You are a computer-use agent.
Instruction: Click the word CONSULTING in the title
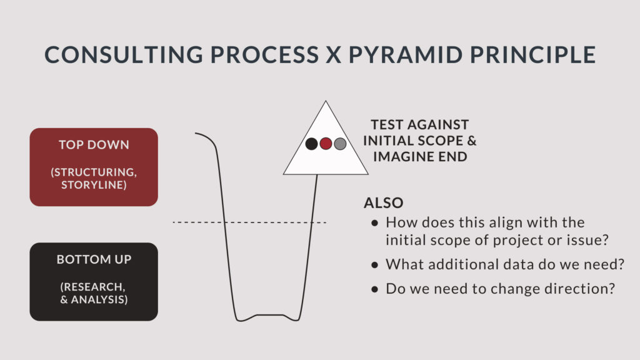(x=124, y=55)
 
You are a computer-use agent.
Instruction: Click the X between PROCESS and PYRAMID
(x=334, y=55)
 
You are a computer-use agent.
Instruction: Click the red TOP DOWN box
(x=94, y=167)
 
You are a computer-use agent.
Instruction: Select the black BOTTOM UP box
(x=94, y=282)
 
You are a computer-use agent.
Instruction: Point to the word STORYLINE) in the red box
(x=94, y=185)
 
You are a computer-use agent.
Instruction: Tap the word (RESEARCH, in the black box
(x=92, y=287)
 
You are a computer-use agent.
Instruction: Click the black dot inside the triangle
(x=311, y=144)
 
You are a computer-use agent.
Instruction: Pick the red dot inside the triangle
(x=326, y=144)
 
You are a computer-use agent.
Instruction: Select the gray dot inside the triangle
(x=340, y=144)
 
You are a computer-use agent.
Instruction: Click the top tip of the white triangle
(x=326, y=101)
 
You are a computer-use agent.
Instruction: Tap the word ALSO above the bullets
(x=384, y=203)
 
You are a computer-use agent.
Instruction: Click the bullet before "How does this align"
(x=375, y=223)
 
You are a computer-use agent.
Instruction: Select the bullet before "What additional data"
(x=375, y=265)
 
